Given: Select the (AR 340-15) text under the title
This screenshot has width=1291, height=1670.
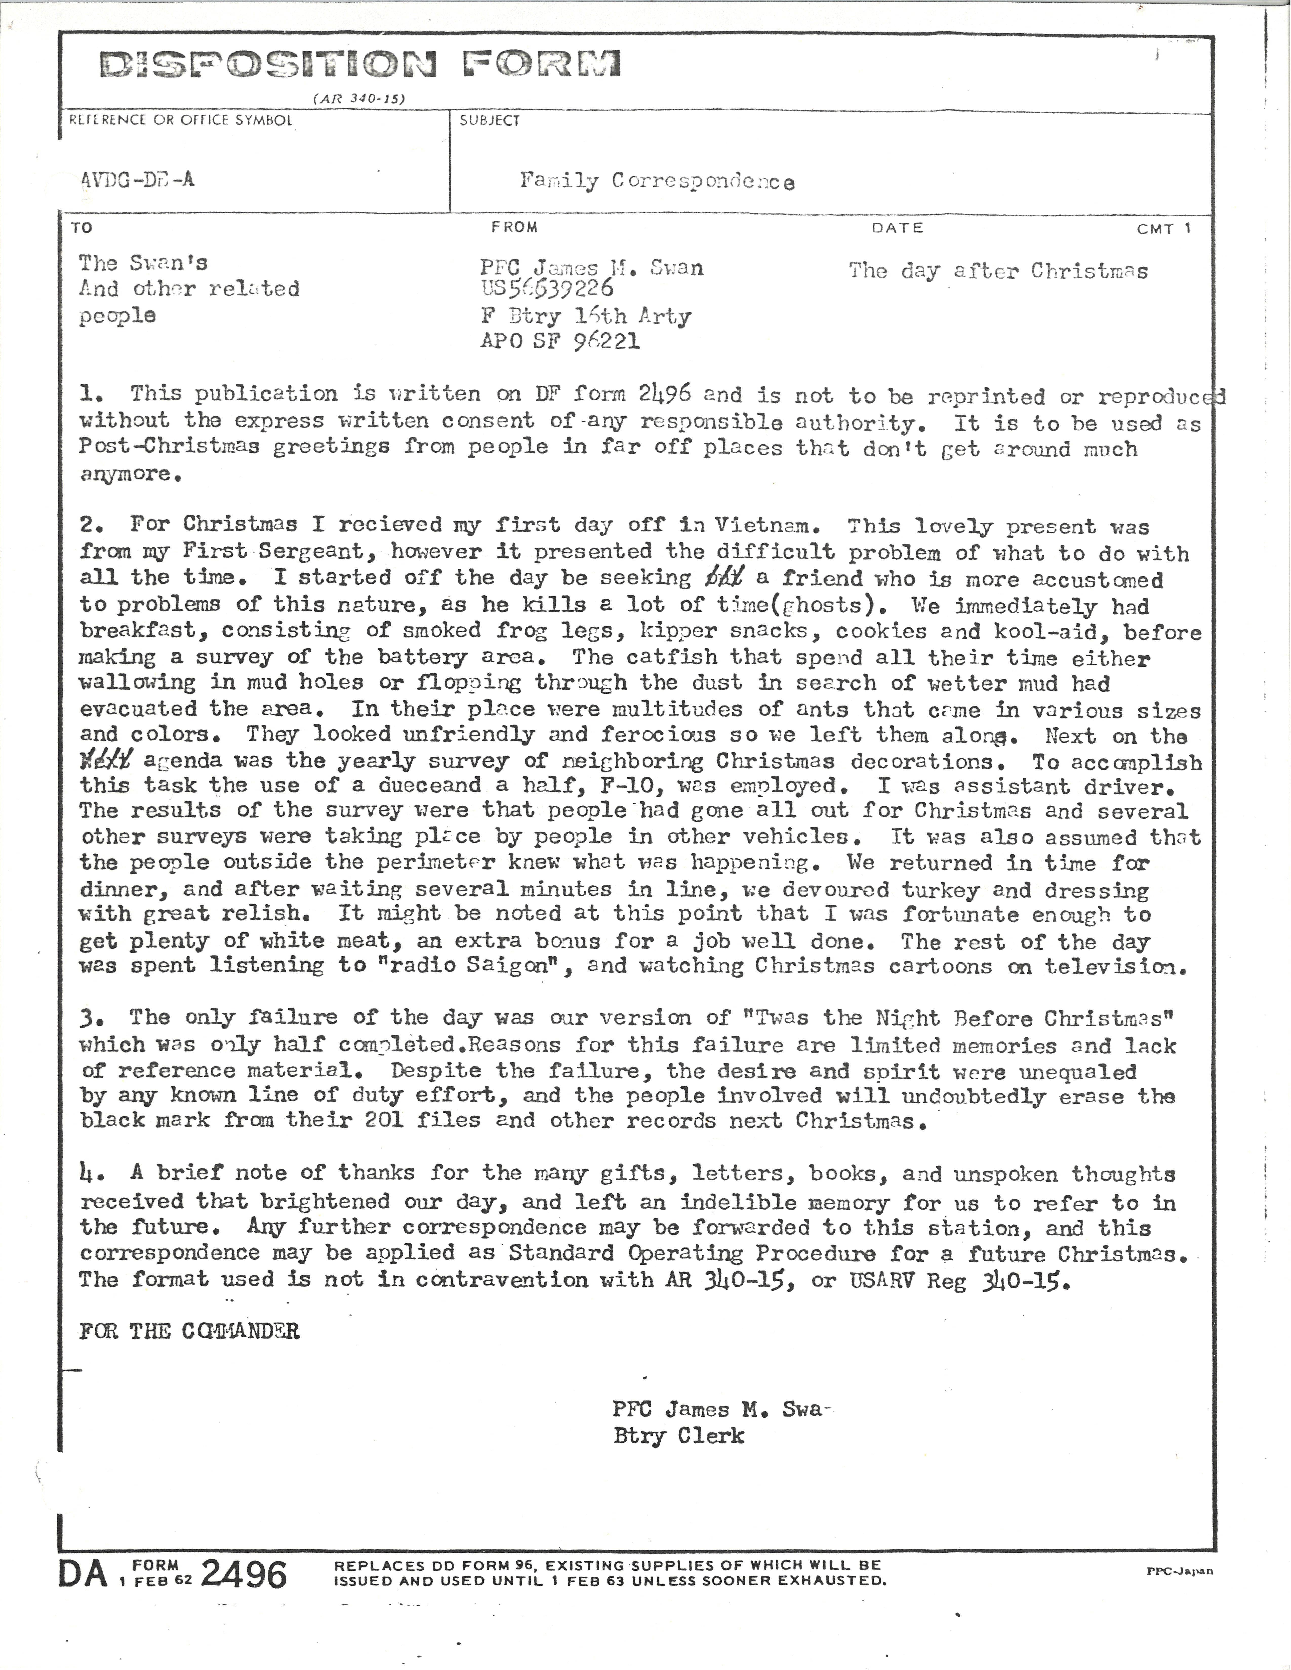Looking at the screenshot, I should click(359, 99).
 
